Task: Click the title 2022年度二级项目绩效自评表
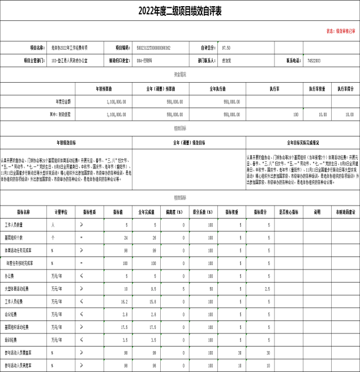pyautogui.click(x=179, y=10)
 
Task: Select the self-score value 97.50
pyautogui.click(x=226, y=48)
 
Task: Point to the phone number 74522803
pyautogui.click(x=314, y=59)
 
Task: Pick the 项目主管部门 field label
pyautogui.click(x=37, y=59)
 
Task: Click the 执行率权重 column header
pyautogui.click(x=318, y=89)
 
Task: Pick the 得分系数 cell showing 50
pyautogui.click(x=210, y=289)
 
